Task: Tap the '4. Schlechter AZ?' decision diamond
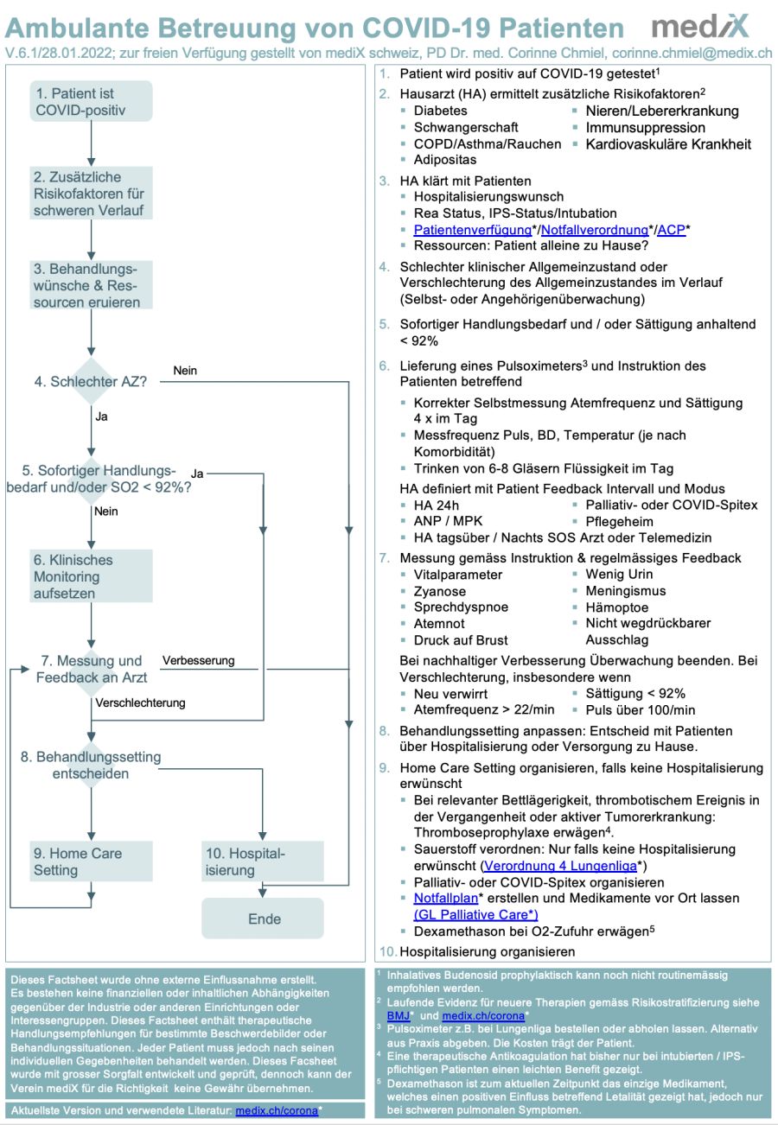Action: (91, 381)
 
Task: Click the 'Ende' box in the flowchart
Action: (264, 918)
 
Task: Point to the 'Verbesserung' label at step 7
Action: (198, 660)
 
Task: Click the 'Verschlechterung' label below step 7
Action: (140, 702)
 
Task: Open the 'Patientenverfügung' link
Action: (472, 230)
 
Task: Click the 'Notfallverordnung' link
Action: (594, 230)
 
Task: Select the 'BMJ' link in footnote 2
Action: (398, 1016)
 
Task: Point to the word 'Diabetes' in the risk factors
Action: (440, 111)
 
